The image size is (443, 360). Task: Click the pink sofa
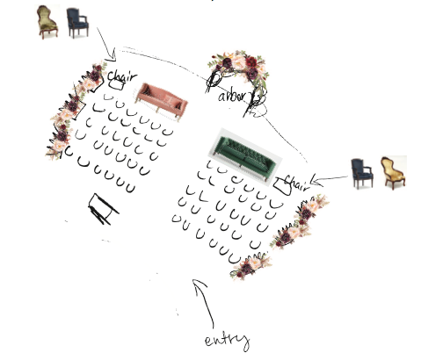coord(161,101)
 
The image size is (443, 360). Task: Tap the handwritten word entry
coord(227,341)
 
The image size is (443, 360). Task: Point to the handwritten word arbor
coord(235,97)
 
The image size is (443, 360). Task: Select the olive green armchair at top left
coord(47,22)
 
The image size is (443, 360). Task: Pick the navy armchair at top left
coord(77,23)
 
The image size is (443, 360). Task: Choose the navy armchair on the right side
coord(362,173)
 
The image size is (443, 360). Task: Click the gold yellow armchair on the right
coord(394,173)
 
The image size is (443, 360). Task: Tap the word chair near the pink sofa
coord(122,76)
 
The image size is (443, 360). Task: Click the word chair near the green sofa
coord(296,183)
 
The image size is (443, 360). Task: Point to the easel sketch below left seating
coord(103,209)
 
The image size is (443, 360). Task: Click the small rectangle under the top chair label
coord(116,85)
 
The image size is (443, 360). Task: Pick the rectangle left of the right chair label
coord(283,186)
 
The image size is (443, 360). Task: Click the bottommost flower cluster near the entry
coord(251,267)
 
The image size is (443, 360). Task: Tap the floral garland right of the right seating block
coord(301,221)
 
